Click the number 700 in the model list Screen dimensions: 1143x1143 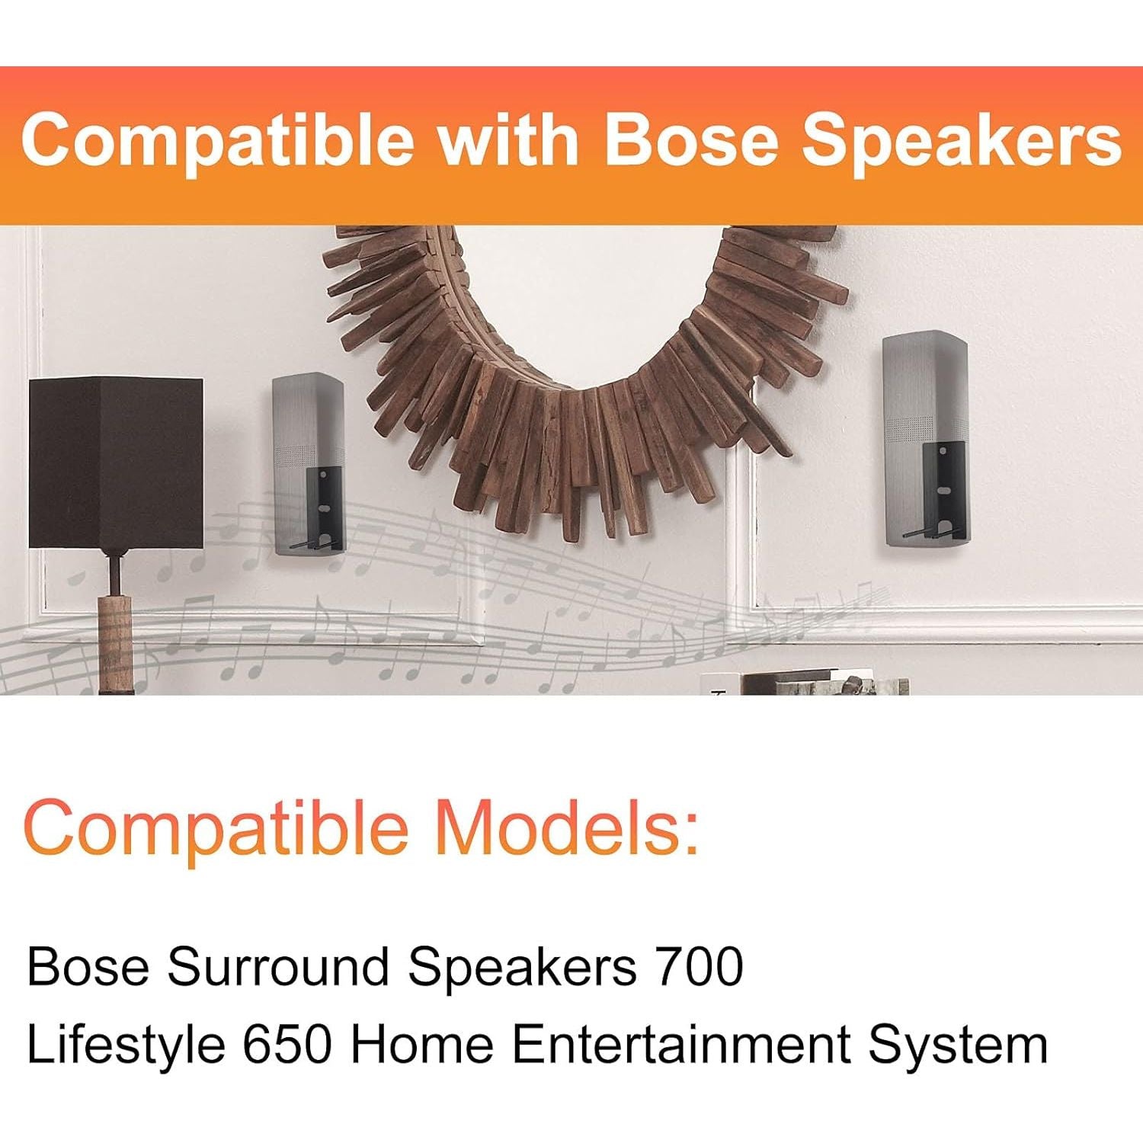pos(699,966)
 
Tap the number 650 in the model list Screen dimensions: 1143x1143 pos(288,1044)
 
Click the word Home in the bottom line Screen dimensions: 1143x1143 pos(422,1044)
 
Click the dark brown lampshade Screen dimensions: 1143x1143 pos(116,463)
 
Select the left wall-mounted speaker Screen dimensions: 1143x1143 pos(309,463)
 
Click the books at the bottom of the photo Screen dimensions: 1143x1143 pos(808,682)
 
